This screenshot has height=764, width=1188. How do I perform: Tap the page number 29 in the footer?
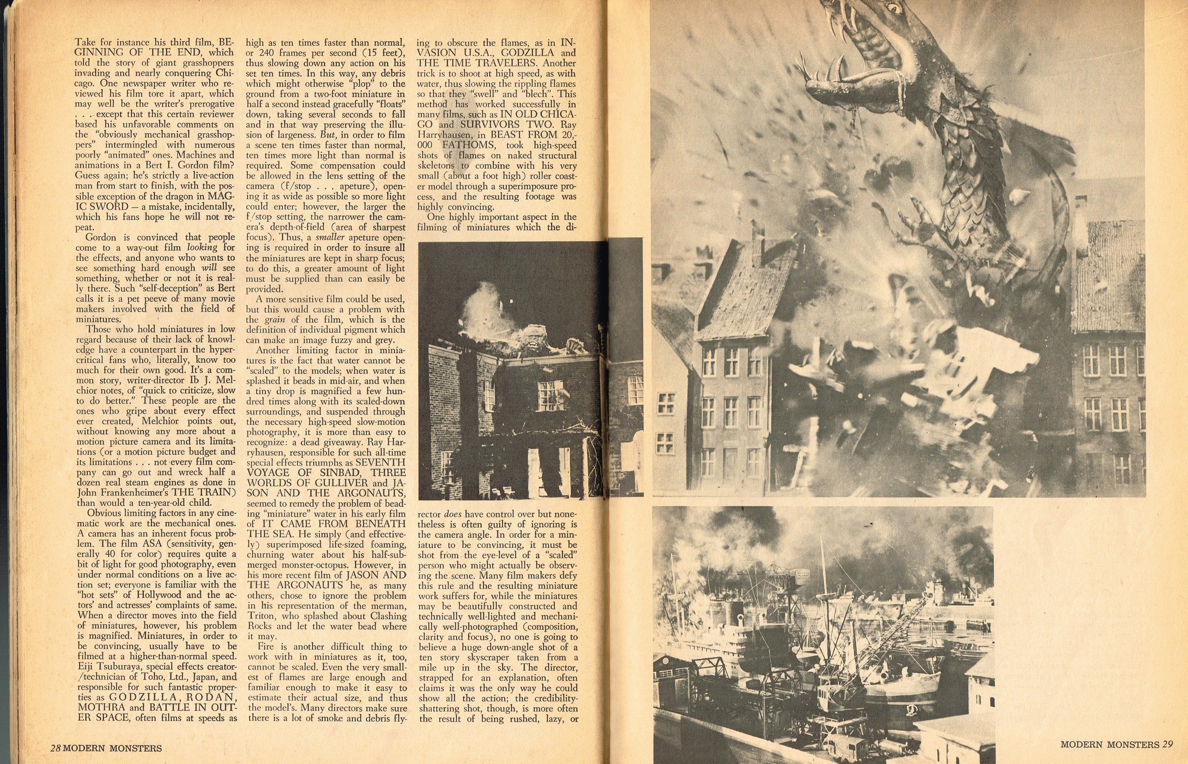[x=1167, y=744]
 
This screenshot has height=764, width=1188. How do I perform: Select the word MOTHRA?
[x=99, y=708]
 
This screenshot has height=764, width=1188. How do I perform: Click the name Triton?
[x=261, y=615]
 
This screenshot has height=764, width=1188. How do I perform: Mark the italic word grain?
[x=274, y=319]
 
